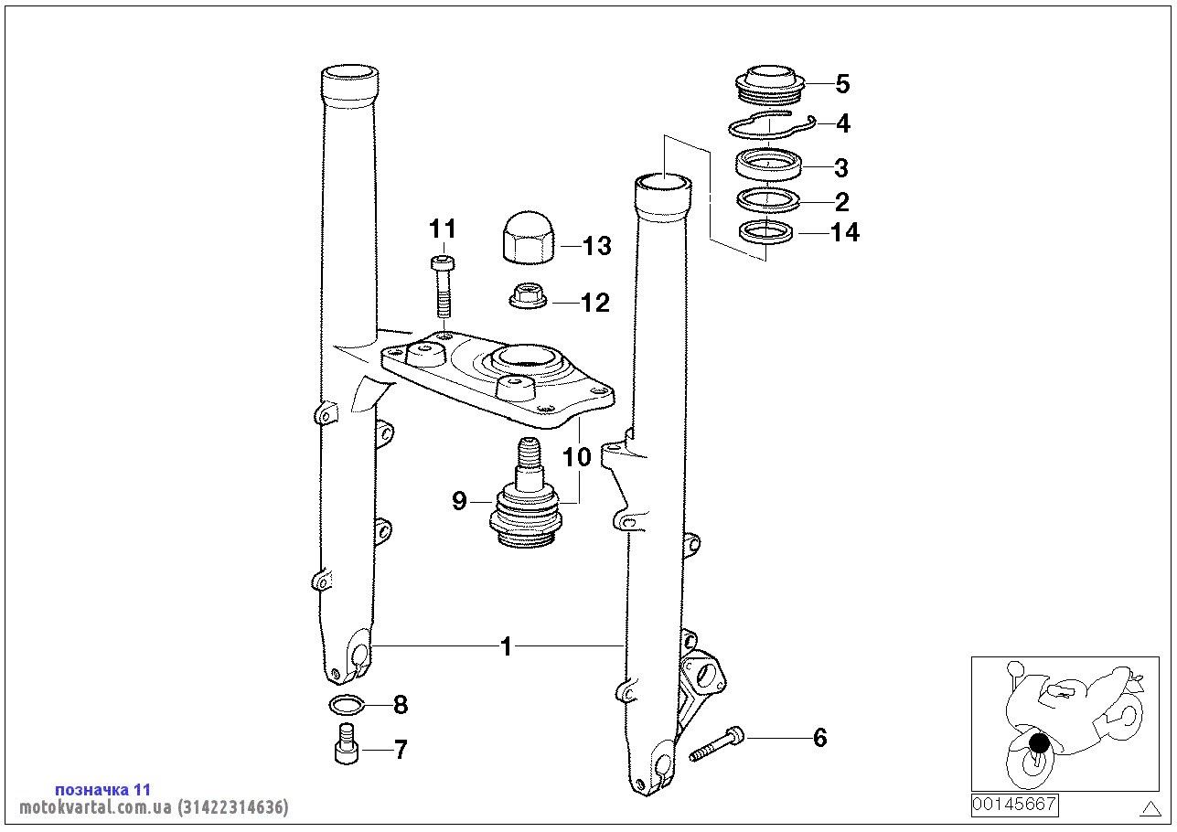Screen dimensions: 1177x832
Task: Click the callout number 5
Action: (x=842, y=84)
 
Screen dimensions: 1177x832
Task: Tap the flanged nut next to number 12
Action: (x=528, y=295)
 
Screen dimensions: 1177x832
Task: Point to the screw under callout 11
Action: (x=443, y=286)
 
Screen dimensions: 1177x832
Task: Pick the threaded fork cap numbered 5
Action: (x=770, y=85)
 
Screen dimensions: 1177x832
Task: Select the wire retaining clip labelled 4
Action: (x=771, y=126)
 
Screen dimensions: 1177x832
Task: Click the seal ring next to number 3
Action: (x=769, y=164)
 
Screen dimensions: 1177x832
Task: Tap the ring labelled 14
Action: (x=765, y=232)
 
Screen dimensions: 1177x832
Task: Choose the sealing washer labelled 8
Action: (x=347, y=704)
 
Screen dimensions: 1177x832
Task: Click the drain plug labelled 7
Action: (x=347, y=743)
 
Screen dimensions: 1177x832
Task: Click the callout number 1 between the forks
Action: (x=506, y=646)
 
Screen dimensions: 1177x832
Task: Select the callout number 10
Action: (x=577, y=457)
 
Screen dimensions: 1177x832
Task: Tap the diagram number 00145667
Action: (x=1014, y=805)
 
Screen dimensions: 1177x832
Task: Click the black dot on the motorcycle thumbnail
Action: (x=1039, y=742)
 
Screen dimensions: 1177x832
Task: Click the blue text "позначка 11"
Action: (x=103, y=789)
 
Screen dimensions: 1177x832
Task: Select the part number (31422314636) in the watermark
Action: (x=233, y=806)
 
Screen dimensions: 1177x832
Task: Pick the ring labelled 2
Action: (x=767, y=200)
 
